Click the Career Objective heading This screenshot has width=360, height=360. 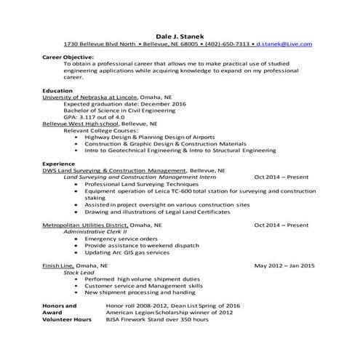pos(68,57)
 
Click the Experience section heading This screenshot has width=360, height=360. pos(59,164)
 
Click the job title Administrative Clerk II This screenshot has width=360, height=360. pos(95,232)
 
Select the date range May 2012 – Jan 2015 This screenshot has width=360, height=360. pos(284,266)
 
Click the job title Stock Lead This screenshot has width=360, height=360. pos(79,273)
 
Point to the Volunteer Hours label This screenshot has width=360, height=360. pos(67,319)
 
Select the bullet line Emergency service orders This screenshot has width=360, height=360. pos(121,239)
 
